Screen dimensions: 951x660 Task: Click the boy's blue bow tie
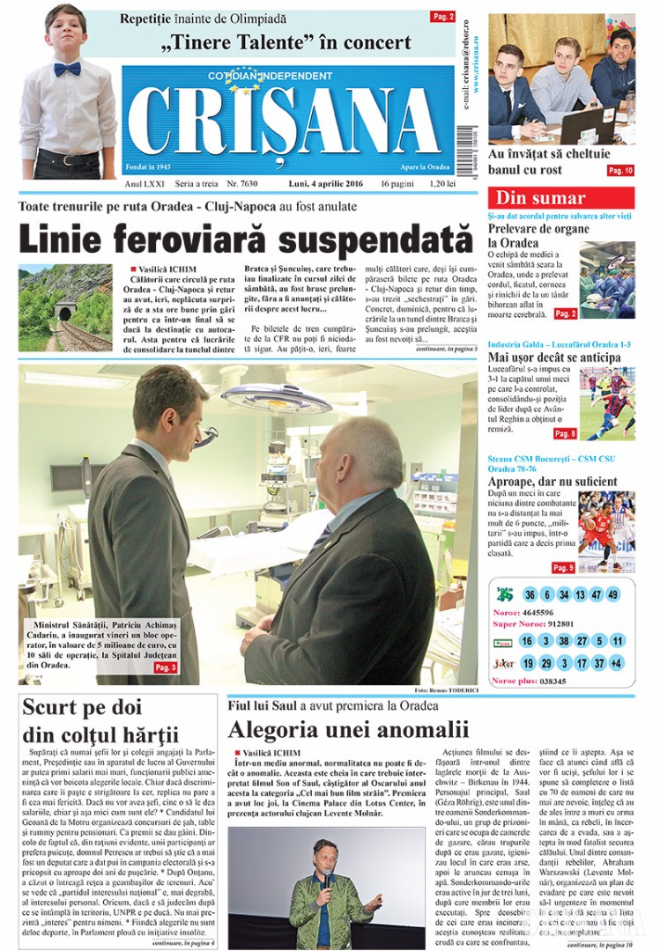point(67,69)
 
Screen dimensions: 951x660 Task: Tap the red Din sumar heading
point(540,198)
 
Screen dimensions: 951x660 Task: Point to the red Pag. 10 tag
point(620,170)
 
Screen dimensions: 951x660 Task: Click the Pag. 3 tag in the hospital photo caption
point(166,667)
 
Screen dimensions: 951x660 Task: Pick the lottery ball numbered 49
point(612,594)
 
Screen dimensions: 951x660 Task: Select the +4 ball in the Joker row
point(616,662)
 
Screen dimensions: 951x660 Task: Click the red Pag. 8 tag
point(565,433)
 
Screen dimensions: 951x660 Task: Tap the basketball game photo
point(606,531)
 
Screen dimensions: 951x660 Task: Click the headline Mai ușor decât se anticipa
point(554,358)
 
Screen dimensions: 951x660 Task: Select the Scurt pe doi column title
point(100,719)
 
